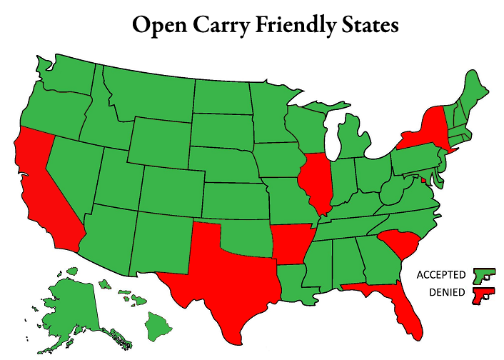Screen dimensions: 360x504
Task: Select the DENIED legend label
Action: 448,293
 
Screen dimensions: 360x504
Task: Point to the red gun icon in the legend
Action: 483,294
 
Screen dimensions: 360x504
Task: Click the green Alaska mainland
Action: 68,300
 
